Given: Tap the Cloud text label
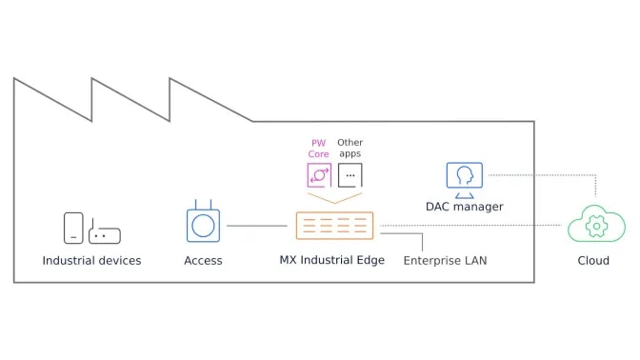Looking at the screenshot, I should coord(593,261).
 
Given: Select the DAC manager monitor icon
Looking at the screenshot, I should coord(465,178).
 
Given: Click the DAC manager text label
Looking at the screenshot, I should coord(465,207).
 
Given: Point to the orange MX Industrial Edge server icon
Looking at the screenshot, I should coord(334,226).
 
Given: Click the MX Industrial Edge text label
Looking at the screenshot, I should coord(331,259).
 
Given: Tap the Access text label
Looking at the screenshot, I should coord(203,260).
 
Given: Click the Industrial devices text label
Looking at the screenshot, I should coord(91,260).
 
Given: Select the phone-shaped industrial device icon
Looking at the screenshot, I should coord(73,228).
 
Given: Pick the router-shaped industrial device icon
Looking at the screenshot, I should coord(105,233).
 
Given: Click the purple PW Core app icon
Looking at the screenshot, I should coord(318,175).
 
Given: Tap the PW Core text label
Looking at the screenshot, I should coord(319,149).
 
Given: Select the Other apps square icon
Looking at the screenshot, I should coord(350,175).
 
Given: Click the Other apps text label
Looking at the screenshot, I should coord(350,149).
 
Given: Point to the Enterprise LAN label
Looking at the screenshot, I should coord(445,260).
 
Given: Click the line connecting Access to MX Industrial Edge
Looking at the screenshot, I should coord(256,226).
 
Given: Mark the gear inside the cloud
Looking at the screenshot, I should coord(597,228).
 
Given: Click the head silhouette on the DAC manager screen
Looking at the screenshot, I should coord(466,175).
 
